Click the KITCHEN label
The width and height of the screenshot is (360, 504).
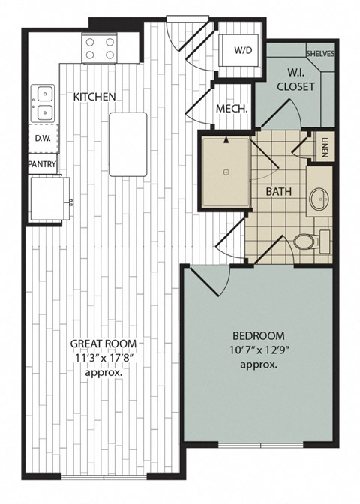tap(94, 97)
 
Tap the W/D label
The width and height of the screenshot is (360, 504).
tap(243, 51)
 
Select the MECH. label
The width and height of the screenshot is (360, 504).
tap(232, 109)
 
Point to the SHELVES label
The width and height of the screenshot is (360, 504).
tap(320, 54)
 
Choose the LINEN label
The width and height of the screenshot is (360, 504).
tap(324, 145)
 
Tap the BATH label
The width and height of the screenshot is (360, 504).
tap(278, 191)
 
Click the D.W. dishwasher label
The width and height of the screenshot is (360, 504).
tap(42, 138)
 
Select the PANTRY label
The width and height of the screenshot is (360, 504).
tap(42, 163)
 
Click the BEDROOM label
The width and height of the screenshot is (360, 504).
tap(259, 335)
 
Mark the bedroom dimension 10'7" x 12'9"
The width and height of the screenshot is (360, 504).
tap(259, 349)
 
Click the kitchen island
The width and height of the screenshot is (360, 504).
tap(127, 144)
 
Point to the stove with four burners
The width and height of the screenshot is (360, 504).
tap(100, 49)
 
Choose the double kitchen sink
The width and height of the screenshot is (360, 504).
tap(42, 103)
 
